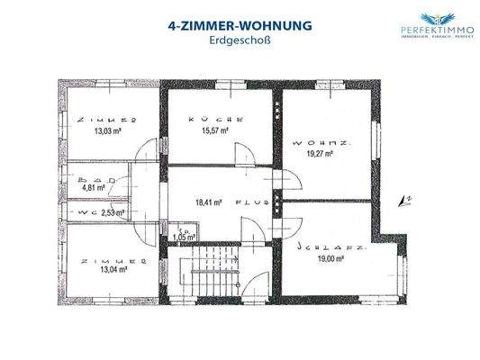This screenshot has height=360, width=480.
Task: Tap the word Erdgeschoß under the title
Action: point(240,41)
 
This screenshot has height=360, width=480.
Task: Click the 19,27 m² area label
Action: point(317,154)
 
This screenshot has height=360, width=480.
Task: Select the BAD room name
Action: point(91,178)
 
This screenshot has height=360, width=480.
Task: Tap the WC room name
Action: point(86,213)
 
